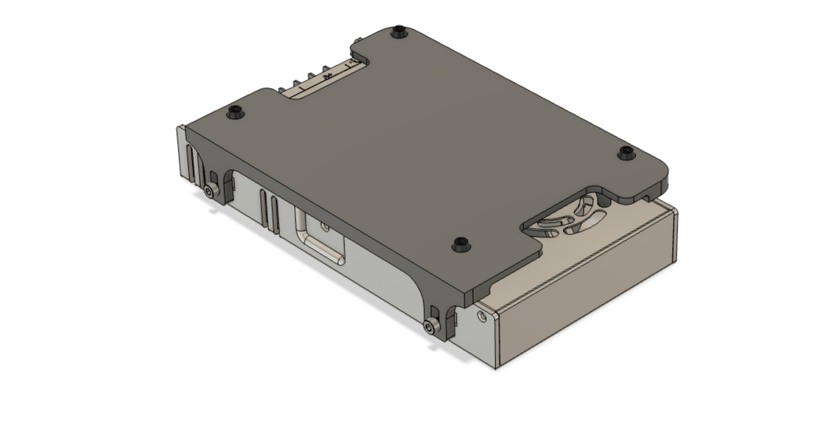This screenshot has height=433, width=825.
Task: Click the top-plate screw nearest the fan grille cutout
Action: tap(626, 153)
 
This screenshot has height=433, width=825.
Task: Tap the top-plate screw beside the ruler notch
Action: tap(236, 111)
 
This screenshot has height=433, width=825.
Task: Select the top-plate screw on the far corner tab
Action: tap(398, 31)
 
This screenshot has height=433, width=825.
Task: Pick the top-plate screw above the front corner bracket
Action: tap(460, 245)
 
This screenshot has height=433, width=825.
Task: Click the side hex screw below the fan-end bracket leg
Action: tap(432, 327)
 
